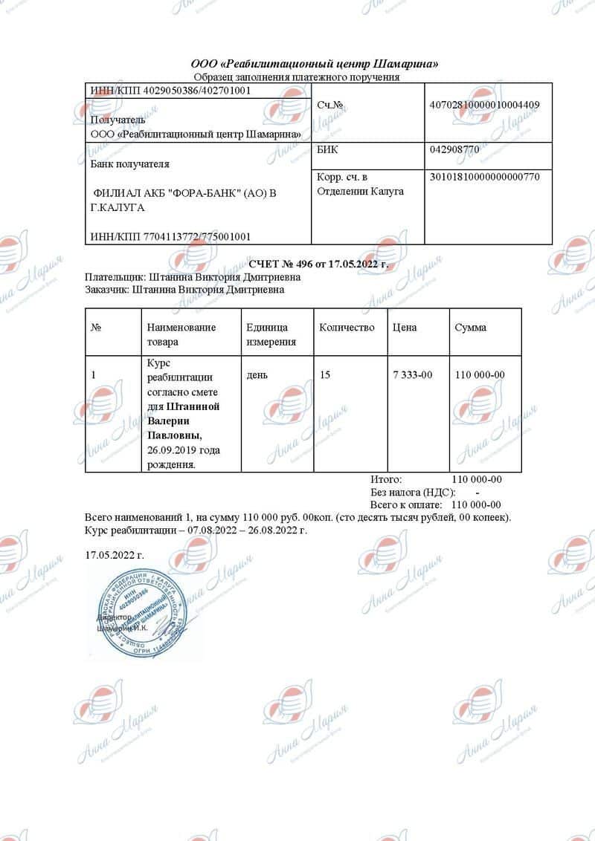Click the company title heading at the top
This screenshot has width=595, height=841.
click(315, 64)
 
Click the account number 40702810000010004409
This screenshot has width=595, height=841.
click(485, 105)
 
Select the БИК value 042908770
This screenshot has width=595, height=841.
click(454, 149)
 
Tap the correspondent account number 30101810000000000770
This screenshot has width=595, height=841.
click(485, 177)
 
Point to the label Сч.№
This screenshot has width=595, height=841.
click(329, 105)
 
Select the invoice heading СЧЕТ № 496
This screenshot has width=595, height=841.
click(318, 264)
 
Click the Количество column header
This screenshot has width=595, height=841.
click(347, 328)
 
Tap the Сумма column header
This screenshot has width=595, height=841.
click(470, 328)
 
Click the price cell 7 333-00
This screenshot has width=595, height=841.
click(412, 375)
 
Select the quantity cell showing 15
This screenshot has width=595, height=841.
click(325, 375)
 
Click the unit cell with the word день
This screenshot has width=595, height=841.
click(258, 375)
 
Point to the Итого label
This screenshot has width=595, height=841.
click(386, 479)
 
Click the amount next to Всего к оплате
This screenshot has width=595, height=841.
click(477, 504)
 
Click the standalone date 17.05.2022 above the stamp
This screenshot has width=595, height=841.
click(115, 554)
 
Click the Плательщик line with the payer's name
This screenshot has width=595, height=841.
click(185, 277)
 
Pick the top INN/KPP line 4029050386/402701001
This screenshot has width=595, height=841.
click(170, 91)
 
